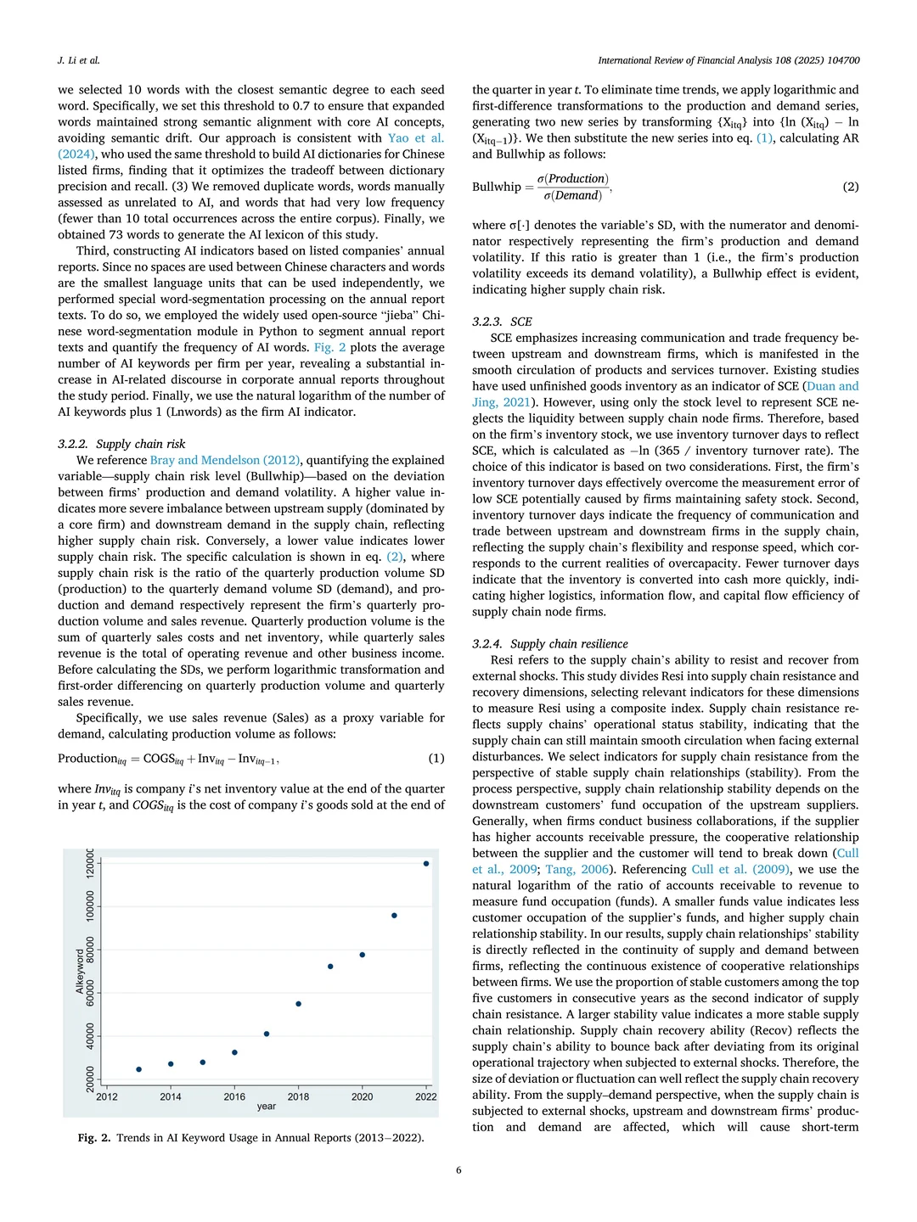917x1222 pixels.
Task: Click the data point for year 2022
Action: point(426,864)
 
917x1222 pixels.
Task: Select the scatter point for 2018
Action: point(298,1004)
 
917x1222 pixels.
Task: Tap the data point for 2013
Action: point(139,1069)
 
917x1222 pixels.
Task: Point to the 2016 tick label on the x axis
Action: point(234,1096)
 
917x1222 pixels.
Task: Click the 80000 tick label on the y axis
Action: point(90,950)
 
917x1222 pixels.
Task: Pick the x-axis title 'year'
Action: point(267,1107)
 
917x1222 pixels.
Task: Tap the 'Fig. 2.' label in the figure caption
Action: point(94,1138)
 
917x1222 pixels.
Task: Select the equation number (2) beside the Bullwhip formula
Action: point(851,187)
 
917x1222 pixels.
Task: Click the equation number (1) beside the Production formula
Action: point(436,759)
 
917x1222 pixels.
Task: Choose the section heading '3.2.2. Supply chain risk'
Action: point(121,444)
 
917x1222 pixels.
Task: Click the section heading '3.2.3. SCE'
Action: point(502,322)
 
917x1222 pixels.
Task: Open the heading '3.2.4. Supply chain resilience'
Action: point(550,644)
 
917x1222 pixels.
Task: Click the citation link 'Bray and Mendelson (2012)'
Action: point(225,460)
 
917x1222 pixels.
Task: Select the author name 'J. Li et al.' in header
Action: point(79,60)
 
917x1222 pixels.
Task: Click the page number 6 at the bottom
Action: point(458,1170)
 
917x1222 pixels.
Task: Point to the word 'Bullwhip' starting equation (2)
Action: point(497,187)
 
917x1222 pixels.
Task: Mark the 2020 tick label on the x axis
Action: point(363,1096)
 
